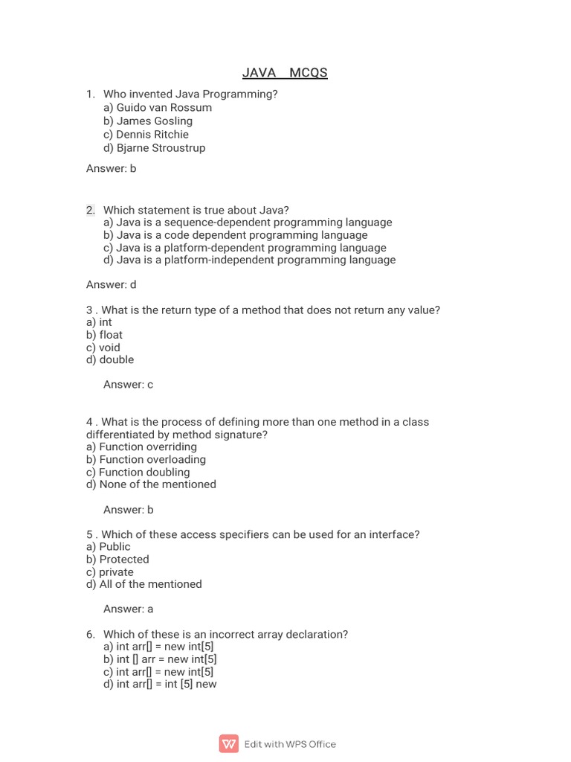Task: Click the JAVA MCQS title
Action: (285, 72)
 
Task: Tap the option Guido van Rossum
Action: (158, 107)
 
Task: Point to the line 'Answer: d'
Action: (112, 284)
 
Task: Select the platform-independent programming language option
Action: (250, 260)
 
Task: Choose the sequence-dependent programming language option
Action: (248, 222)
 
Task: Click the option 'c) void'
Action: (103, 348)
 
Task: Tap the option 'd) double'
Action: (110, 359)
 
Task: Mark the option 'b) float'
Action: (105, 335)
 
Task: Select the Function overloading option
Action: (146, 459)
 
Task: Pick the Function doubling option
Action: (138, 472)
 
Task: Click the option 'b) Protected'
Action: (117, 559)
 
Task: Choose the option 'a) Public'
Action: (109, 546)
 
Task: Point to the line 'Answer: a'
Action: (129, 609)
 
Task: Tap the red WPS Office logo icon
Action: (229, 743)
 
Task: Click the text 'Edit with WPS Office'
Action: (290, 743)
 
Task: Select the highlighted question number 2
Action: (91, 210)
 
